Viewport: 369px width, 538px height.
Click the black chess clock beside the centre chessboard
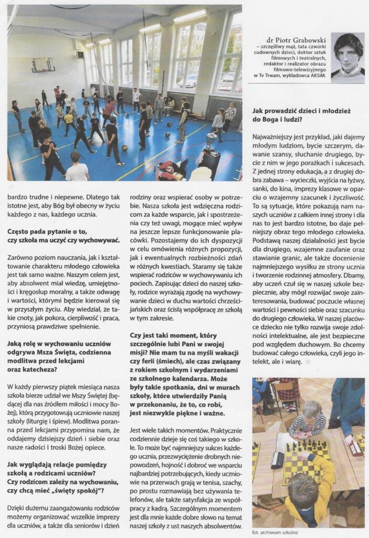click(278, 461)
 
